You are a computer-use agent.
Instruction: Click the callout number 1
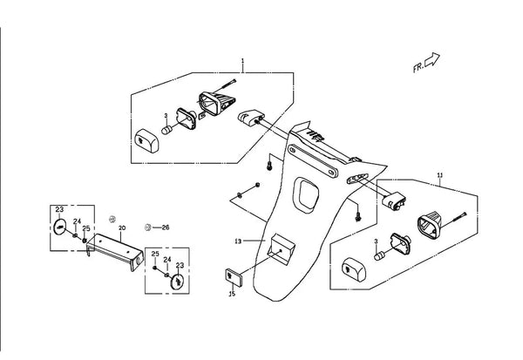pos(242,61)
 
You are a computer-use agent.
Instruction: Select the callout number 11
pos(440,175)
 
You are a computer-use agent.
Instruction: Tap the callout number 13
pos(238,241)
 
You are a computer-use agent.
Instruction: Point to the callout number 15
pos(232,294)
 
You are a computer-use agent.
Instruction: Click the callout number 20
pos(122,228)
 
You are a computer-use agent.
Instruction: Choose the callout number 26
pos(166,228)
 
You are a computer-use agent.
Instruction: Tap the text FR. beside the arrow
pos(418,68)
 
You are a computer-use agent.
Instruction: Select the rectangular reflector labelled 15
pos(234,277)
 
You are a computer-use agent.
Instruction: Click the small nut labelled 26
pos(148,228)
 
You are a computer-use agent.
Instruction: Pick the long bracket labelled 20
pos(115,252)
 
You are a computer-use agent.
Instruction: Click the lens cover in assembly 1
pos(147,140)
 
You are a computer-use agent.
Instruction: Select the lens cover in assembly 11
pos(354,269)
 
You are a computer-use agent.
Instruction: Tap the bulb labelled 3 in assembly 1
pos(166,130)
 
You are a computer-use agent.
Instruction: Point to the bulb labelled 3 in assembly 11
pos(379,256)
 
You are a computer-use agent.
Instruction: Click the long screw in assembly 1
pos(224,86)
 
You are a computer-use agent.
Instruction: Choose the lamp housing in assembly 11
pos(430,227)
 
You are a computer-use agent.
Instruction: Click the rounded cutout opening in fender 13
pos(306,195)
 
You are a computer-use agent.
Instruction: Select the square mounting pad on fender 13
pos(282,249)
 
